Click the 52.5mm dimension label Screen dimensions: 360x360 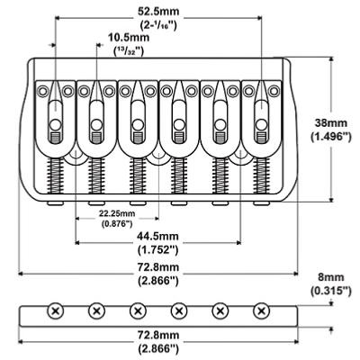click(x=158, y=12)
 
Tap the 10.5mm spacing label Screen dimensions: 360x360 click(x=129, y=38)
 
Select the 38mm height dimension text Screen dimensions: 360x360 click(x=331, y=123)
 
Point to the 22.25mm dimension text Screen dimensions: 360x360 click(x=117, y=214)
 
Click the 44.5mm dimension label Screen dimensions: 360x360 click(x=157, y=237)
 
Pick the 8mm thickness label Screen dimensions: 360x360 click(x=331, y=277)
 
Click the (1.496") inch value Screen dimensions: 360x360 click(x=330, y=137)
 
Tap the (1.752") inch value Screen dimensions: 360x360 click(x=158, y=249)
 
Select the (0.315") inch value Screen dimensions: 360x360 click(x=330, y=291)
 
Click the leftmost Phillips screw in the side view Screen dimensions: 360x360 click(x=56, y=310)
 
